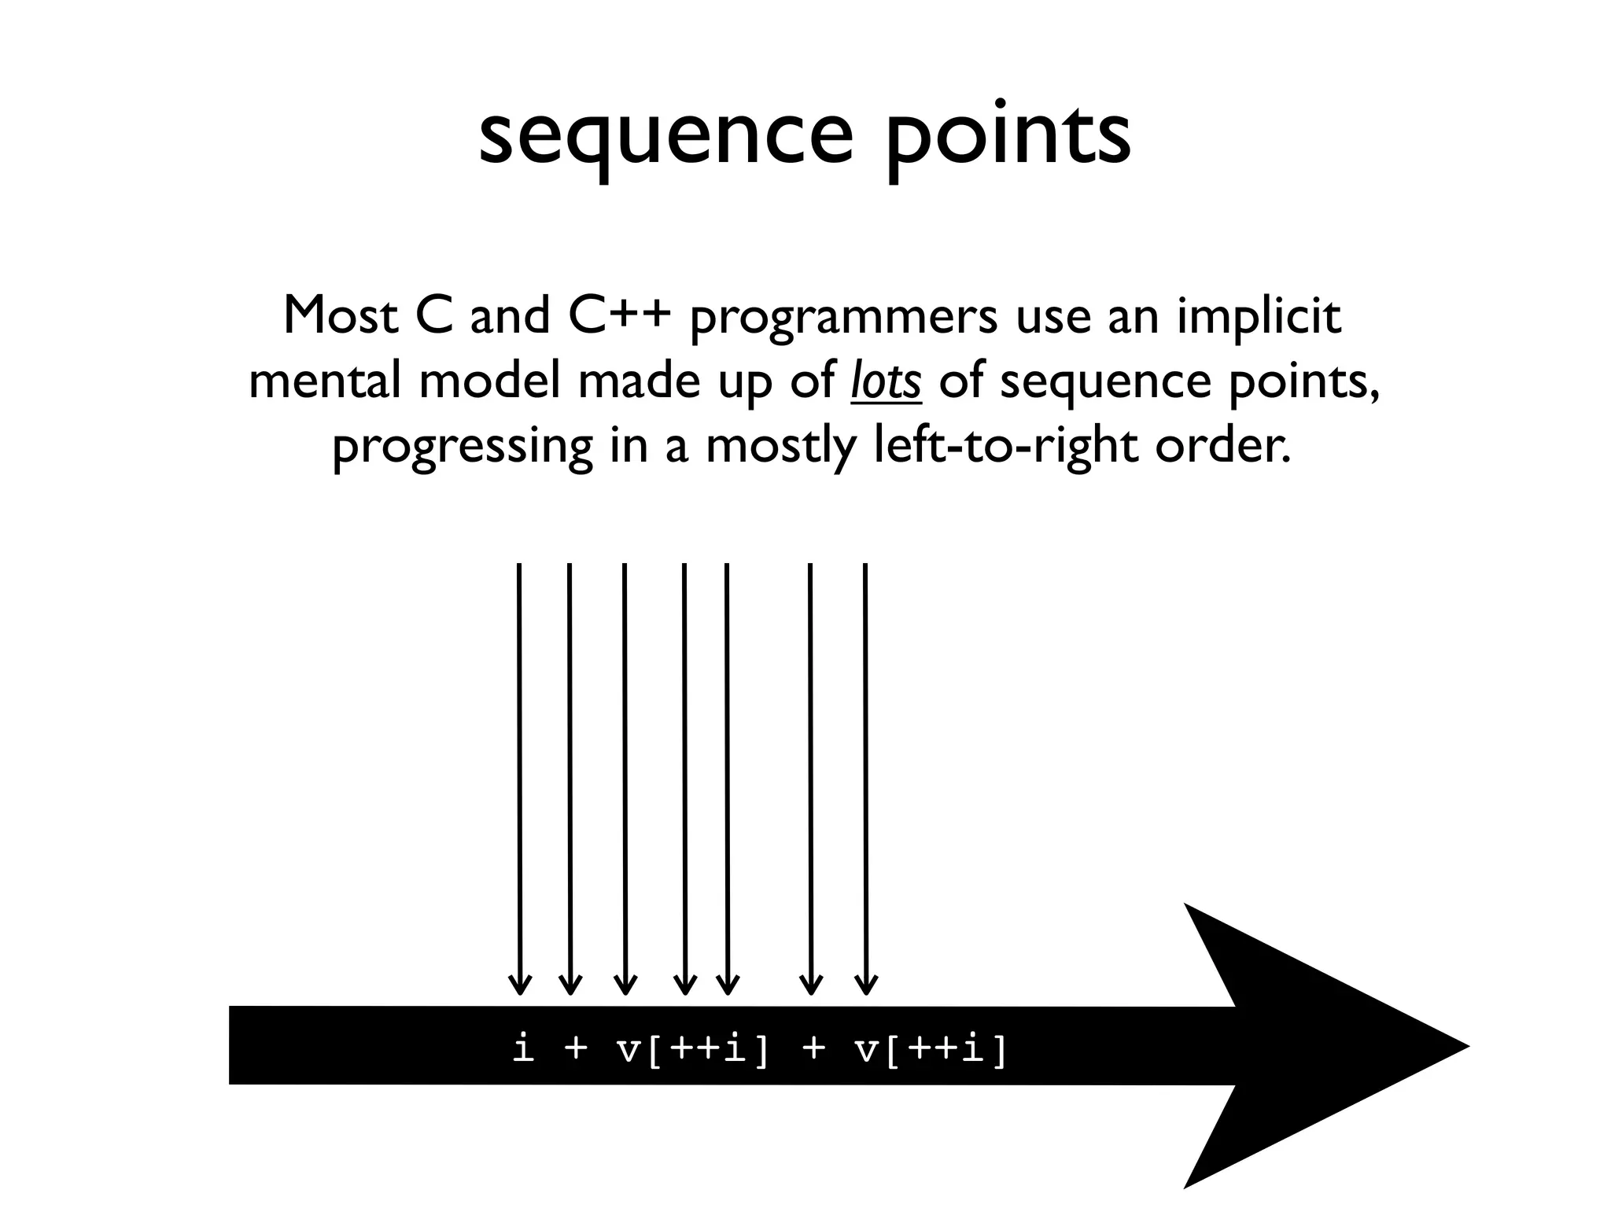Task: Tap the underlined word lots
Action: (886, 382)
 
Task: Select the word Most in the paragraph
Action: (341, 316)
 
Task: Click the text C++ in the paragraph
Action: (619, 316)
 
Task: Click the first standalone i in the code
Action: (523, 1050)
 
